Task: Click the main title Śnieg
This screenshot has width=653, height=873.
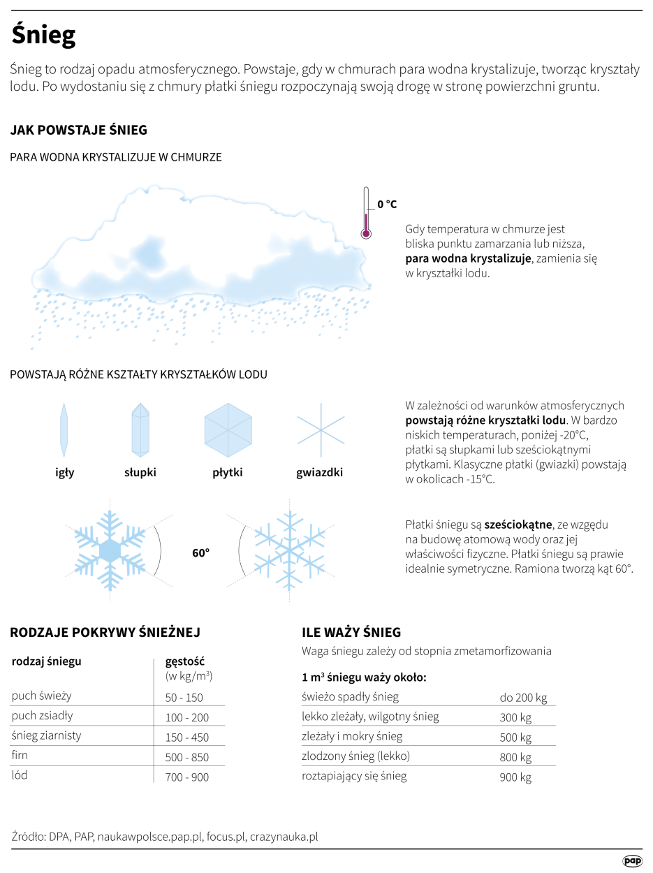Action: [43, 35]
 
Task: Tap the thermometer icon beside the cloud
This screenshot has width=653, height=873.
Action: [365, 214]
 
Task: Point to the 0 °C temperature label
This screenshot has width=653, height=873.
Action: [387, 204]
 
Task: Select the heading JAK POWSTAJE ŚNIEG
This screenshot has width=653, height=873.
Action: [78, 131]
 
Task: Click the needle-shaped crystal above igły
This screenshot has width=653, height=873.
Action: [64, 428]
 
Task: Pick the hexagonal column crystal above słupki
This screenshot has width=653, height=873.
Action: [140, 430]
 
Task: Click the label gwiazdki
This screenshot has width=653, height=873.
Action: [319, 473]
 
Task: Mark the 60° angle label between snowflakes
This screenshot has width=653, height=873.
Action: [201, 552]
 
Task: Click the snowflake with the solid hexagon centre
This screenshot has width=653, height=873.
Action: [110, 550]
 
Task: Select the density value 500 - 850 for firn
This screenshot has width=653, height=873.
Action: [187, 757]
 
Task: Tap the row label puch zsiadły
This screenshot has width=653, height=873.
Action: [43, 716]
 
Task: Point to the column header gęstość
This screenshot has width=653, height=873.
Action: [184, 661]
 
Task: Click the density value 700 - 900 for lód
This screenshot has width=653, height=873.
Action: [187, 777]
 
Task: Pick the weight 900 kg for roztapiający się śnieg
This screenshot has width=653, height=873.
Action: [515, 777]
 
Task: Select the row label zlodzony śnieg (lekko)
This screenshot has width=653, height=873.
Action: [355, 756]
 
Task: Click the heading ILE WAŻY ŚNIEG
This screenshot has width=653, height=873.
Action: [351, 633]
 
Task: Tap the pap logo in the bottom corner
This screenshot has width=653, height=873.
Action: [632, 861]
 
